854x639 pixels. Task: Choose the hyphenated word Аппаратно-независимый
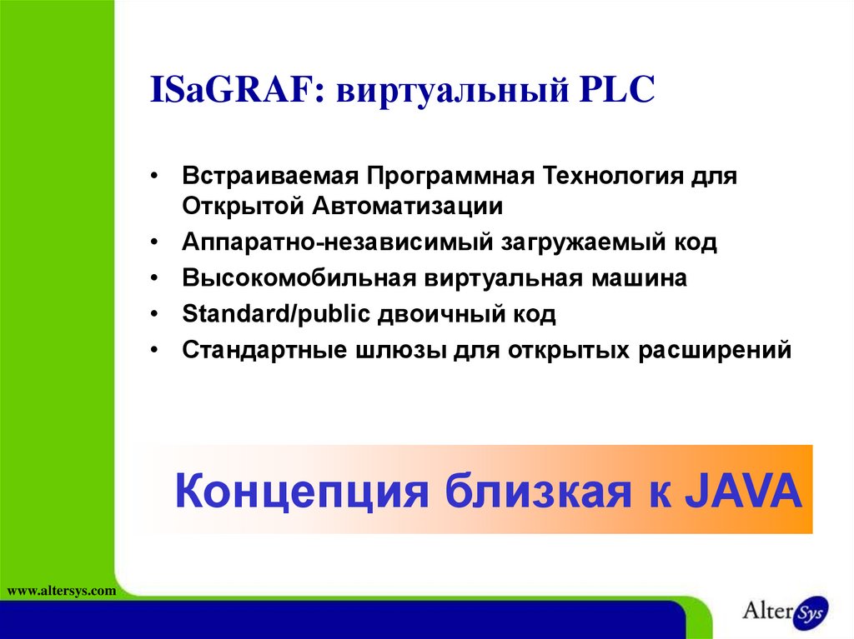pyautogui.click(x=337, y=242)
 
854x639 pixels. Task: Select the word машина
pyautogui.click(x=640, y=278)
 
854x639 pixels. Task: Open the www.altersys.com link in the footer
pyautogui.click(x=60, y=591)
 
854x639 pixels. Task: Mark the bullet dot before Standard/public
pyautogui.click(x=155, y=315)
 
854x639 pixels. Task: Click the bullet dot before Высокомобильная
pyautogui.click(x=155, y=278)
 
